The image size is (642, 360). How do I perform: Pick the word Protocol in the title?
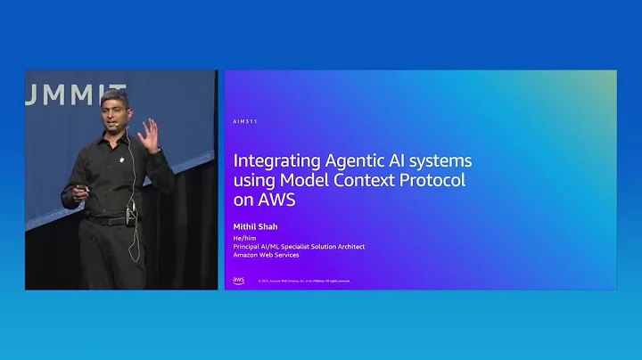pyautogui.click(x=435, y=181)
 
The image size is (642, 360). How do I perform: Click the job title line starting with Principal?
pyautogui.click(x=299, y=246)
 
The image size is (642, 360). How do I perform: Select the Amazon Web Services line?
pyautogui.click(x=267, y=255)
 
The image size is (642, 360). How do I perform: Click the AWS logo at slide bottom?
pyautogui.click(x=239, y=280)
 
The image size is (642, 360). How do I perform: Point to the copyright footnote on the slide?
pyautogui.click(x=303, y=281)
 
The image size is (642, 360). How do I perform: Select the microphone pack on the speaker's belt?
pyautogui.click(x=131, y=215)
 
